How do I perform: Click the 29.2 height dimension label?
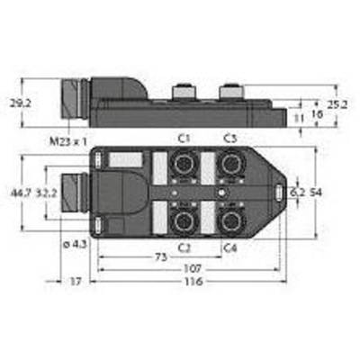coord(20,103)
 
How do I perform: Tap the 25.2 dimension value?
coord(337,104)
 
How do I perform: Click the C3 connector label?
coord(230,139)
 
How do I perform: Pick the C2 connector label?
coord(184,248)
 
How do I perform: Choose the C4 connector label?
coord(230,248)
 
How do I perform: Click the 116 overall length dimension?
coord(193,282)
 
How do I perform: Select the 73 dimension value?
coord(161,257)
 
